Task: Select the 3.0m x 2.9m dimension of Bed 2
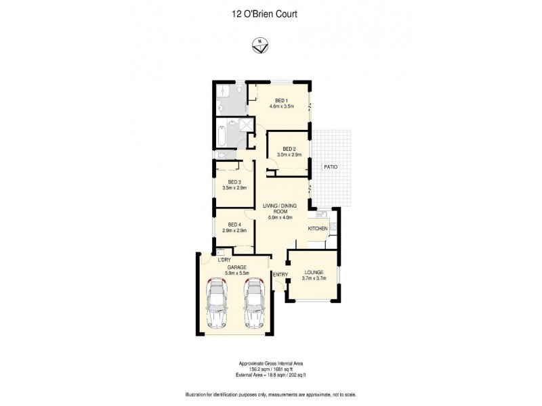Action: coord(289,156)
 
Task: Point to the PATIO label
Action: coord(331,166)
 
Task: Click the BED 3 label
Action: coord(234,181)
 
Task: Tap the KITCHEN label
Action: coord(318,229)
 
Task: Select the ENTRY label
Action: coord(280,274)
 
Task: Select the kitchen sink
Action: coord(324,217)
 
